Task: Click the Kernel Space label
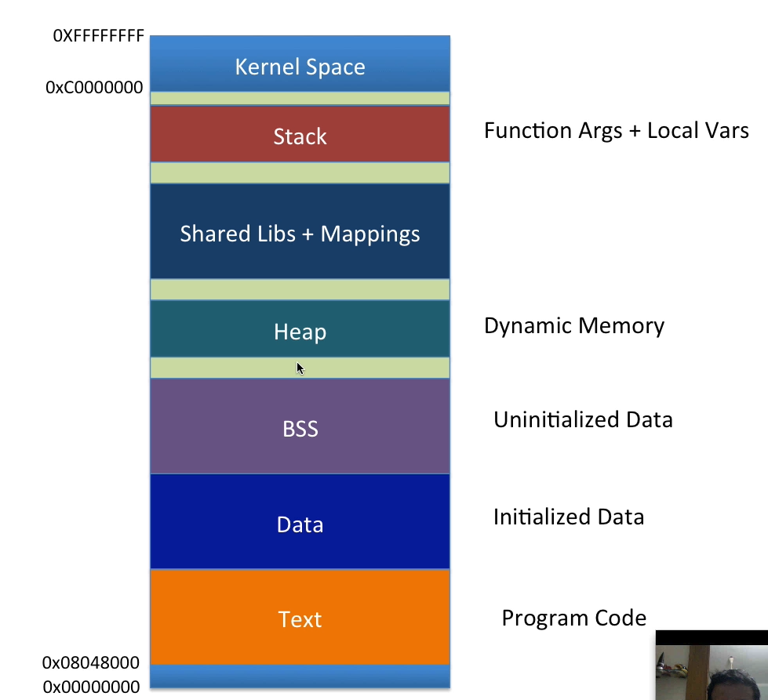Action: click(300, 67)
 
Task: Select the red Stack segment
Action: click(300, 136)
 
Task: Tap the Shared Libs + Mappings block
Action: click(300, 233)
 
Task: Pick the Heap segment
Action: click(300, 332)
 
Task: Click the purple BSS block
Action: click(300, 429)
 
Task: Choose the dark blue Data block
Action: click(300, 524)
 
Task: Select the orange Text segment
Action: click(300, 619)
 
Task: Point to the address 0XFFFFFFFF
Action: click(99, 36)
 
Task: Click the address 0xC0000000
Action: click(95, 88)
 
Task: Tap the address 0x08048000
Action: click(91, 663)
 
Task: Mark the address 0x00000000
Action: click(91, 687)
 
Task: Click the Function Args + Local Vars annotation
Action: click(616, 130)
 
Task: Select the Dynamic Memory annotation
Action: click(573, 325)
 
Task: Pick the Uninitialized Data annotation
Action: click(583, 419)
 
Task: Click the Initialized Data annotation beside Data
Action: click(569, 517)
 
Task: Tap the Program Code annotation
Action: click(573, 618)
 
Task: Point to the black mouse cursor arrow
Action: click(300, 367)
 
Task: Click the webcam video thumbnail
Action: click(712, 665)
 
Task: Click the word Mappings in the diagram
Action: click(370, 234)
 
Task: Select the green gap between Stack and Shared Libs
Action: click(300, 172)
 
